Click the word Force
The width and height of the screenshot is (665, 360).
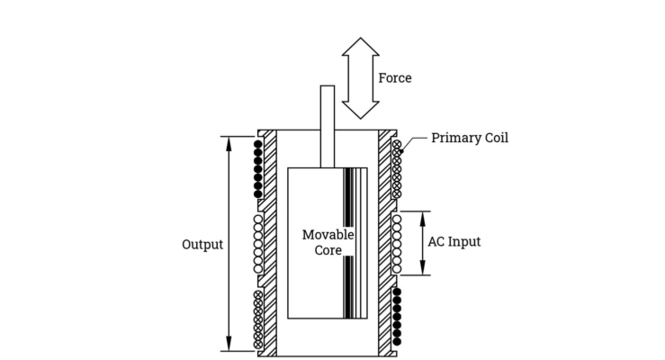coord(394,78)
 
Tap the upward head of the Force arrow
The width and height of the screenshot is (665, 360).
coord(361,48)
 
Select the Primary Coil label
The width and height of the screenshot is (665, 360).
coord(469,138)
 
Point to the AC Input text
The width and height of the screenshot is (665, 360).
coord(454,242)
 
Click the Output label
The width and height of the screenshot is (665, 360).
coord(202,244)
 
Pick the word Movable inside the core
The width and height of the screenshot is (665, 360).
coord(328,235)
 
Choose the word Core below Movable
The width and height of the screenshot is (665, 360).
coord(328,250)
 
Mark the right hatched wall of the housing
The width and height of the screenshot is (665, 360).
coord(385,243)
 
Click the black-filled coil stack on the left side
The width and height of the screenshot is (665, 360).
coord(258,168)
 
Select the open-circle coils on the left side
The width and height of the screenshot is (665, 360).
coord(258,243)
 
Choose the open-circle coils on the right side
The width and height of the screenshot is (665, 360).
coord(397,243)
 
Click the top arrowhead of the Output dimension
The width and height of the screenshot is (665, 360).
coord(228,142)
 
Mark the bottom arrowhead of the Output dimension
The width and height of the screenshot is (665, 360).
coord(228,344)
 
